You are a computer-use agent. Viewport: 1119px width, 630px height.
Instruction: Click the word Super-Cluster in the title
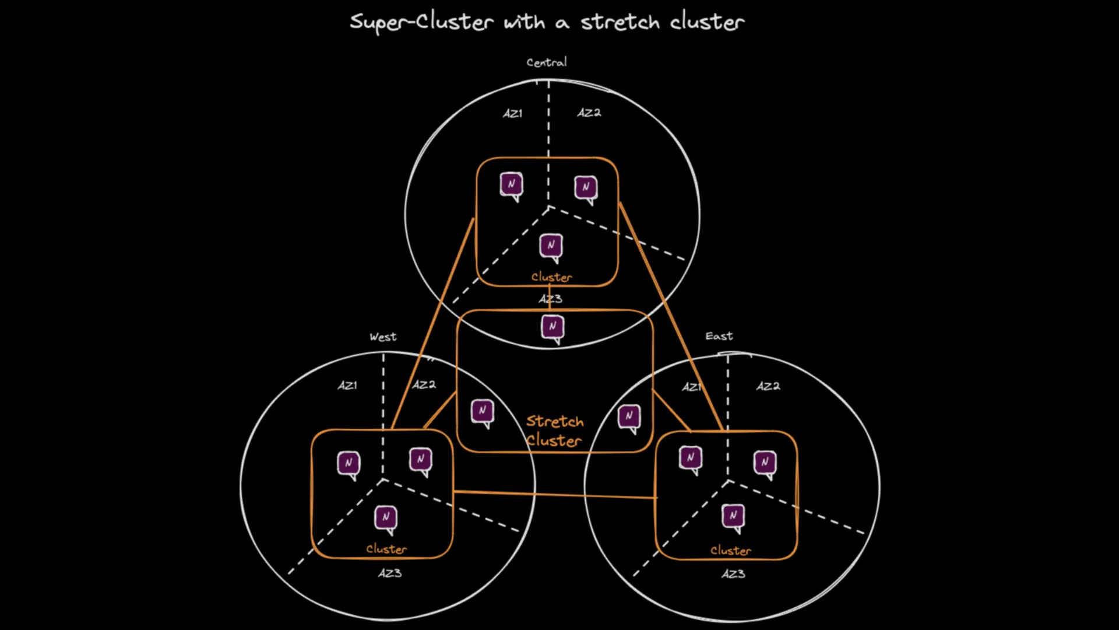click(x=421, y=22)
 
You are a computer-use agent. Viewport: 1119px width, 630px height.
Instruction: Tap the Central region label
click(x=546, y=62)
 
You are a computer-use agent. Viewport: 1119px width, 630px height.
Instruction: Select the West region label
click(x=383, y=337)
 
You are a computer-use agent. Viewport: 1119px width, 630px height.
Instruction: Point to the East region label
click(x=719, y=336)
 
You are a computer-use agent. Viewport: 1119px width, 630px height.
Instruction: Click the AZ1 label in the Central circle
click(x=512, y=113)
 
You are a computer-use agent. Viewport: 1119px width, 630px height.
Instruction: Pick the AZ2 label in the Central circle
click(x=589, y=113)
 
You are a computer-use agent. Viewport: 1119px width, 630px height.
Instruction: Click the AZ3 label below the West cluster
click(x=389, y=573)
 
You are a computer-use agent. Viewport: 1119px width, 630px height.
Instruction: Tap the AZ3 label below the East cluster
click(x=733, y=574)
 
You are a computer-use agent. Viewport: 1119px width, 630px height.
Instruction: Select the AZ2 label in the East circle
click(x=768, y=386)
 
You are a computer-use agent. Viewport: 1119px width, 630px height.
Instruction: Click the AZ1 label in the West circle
click(x=347, y=386)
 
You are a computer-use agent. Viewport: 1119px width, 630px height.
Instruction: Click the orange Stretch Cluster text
click(x=554, y=430)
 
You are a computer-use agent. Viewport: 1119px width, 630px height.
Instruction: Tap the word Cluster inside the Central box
click(x=551, y=277)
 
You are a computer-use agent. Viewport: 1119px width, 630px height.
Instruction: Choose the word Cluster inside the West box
click(x=386, y=549)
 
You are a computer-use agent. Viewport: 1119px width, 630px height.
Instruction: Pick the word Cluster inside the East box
click(x=730, y=551)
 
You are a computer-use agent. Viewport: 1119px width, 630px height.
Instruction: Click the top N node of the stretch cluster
click(x=553, y=327)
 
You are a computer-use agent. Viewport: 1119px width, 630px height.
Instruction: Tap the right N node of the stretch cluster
click(x=629, y=416)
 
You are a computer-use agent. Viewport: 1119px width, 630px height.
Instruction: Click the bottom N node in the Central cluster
click(x=551, y=246)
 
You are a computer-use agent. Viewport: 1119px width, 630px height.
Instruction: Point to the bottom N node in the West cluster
click(x=386, y=518)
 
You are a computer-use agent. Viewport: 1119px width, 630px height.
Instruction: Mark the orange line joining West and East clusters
click(x=554, y=495)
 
